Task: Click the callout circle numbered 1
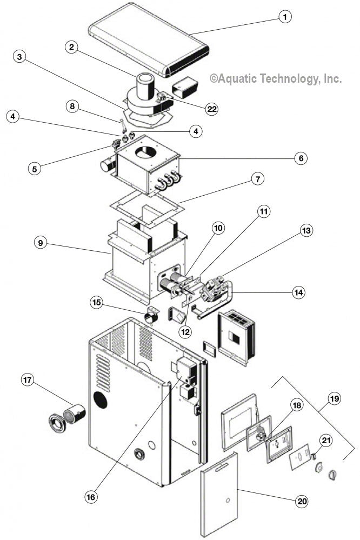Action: point(283,17)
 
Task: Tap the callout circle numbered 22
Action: point(211,108)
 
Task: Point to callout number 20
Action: point(301,501)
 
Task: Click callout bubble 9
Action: point(41,243)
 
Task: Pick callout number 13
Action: point(306,231)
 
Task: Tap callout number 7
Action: point(258,179)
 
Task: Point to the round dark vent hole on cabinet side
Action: point(100,401)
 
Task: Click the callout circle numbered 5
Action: point(35,168)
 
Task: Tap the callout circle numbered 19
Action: point(334,399)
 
